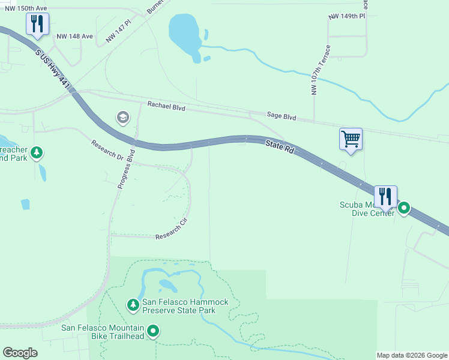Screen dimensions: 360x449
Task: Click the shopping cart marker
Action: click(351, 139)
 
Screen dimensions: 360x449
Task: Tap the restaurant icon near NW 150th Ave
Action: click(37, 24)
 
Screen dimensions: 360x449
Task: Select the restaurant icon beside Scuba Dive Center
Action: click(385, 196)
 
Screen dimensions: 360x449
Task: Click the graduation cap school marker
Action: click(123, 117)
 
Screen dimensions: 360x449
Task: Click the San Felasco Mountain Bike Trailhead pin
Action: click(153, 331)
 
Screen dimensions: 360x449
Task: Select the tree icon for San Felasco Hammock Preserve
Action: click(133, 305)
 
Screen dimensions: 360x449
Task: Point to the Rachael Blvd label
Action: click(166, 106)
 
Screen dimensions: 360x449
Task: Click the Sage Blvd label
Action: click(282, 118)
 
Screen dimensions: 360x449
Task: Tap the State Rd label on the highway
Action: click(280, 146)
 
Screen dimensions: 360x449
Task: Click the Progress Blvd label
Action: click(127, 170)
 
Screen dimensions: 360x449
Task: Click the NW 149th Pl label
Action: click(347, 16)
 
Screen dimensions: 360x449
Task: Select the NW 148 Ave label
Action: click(75, 36)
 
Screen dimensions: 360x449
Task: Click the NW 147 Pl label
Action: click(118, 32)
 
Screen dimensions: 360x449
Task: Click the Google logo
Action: click(20, 353)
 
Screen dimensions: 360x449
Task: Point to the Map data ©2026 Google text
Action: click(411, 355)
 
